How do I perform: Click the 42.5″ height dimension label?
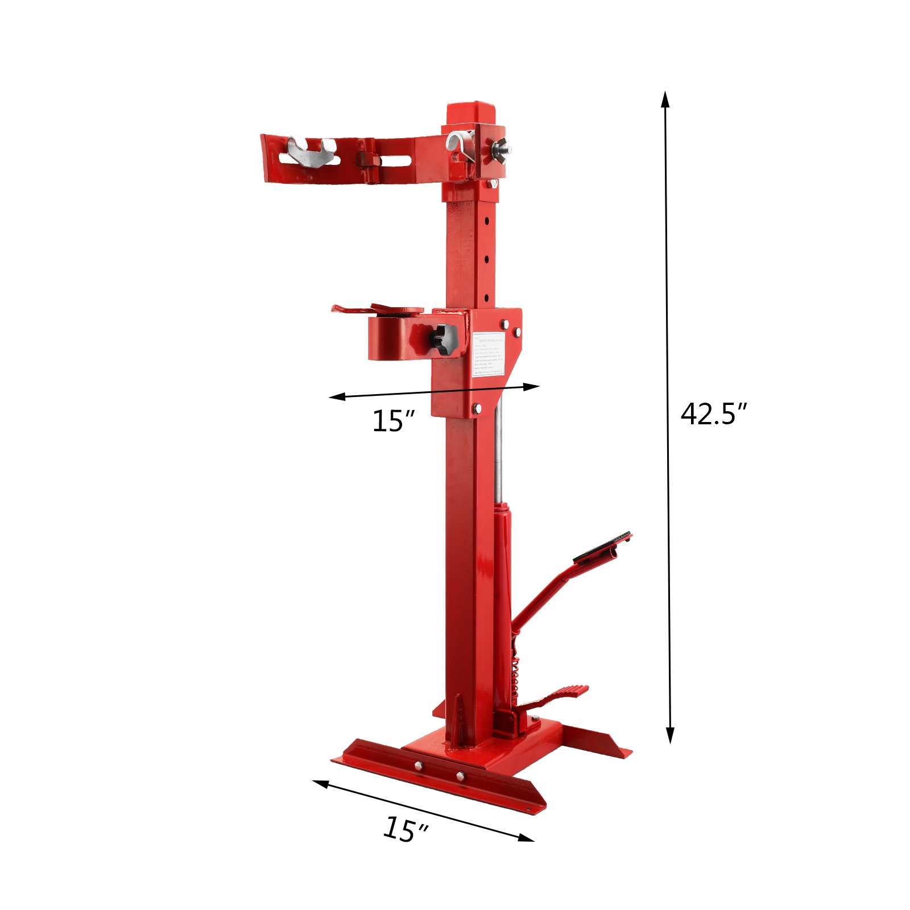(713, 414)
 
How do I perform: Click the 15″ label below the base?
(405, 829)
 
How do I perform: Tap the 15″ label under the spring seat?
(393, 421)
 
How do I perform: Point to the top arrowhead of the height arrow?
(665, 98)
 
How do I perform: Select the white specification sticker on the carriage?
(488, 353)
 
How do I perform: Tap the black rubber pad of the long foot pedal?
(602, 547)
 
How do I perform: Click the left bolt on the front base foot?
(419, 766)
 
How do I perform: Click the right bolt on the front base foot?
(460, 776)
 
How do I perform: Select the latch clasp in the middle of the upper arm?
(369, 165)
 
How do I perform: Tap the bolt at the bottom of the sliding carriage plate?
(477, 408)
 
